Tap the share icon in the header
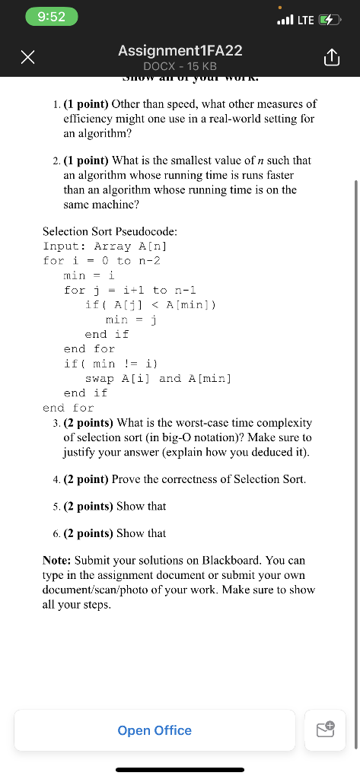[x=330, y=57]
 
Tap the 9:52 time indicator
[x=51, y=17]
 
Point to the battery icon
[x=330, y=19]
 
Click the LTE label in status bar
[x=304, y=19]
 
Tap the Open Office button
[x=155, y=730]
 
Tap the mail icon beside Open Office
[x=325, y=730]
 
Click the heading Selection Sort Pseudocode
[x=110, y=231]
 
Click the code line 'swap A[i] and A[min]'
[x=158, y=378]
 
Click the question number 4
[x=57, y=479]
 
